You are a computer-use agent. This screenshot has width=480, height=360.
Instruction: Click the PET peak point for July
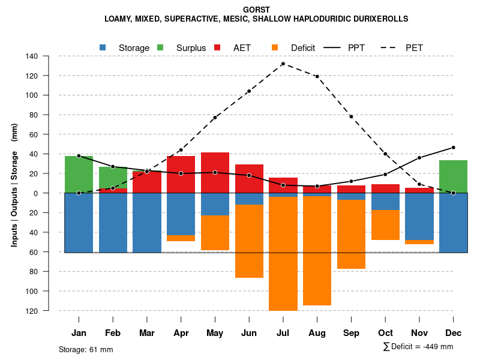(283, 64)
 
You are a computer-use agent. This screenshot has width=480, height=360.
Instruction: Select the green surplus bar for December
(453, 176)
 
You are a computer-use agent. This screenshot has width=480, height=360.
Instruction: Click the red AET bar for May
(215, 172)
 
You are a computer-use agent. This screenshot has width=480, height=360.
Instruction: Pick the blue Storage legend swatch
(103, 47)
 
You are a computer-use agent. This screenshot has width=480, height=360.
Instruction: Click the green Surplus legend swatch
(160, 47)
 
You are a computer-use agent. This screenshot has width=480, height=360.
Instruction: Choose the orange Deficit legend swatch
(275, 47)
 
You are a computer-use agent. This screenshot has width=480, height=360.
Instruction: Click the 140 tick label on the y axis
(49, 56)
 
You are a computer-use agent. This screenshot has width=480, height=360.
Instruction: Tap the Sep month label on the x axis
(351, 333)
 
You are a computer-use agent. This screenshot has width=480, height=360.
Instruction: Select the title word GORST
(256, 10)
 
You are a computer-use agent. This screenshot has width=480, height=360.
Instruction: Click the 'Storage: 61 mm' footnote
(86, 349)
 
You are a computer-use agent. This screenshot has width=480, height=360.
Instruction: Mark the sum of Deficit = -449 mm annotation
(418, 346)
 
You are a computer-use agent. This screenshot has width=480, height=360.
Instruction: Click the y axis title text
(14, 184)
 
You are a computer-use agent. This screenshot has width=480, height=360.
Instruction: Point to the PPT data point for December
(453, 148)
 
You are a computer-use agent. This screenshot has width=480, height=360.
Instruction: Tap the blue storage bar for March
(147, 223)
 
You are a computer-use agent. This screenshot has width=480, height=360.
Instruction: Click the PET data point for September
(351, 116)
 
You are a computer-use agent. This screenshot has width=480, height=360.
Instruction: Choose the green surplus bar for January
(79, 175)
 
